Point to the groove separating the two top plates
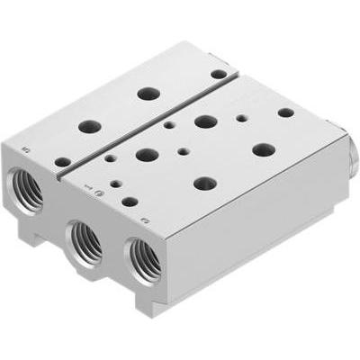point(153,121)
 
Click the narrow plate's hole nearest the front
point(62,161)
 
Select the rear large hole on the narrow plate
point(145,93)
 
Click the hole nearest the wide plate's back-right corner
point(285,112)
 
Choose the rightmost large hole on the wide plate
point(263,148)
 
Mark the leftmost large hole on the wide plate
point(146,154)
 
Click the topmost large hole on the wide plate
point(203,120)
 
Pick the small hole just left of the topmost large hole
point(169,125)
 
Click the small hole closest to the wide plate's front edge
point(130,202)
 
